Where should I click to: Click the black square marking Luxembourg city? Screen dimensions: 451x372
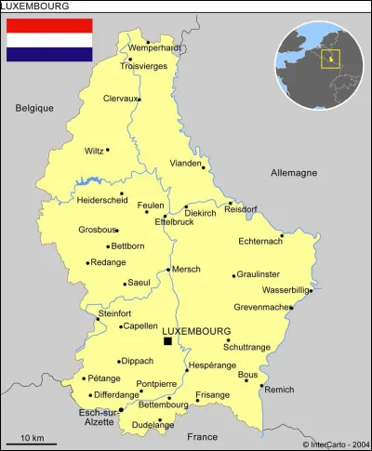[x=167, y=341]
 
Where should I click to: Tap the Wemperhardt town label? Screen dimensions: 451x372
[x=155, y=47]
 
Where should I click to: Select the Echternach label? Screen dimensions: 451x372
[x=259, y=243]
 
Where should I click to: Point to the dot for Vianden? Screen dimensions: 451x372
[x=203, y=168]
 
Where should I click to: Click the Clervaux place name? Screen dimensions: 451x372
[x=120, y=98]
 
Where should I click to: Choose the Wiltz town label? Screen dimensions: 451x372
[x=94, y=151]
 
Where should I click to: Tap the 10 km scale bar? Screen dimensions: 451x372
[x=32, y=442]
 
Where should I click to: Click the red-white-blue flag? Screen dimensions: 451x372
[x=49, y=40]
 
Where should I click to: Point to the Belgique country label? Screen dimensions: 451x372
[x=34, y=108]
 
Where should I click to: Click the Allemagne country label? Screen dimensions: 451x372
[x=294, y=173]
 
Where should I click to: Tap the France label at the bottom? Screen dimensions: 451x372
[x=201, y=436]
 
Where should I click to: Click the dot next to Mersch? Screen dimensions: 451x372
[x=168, y=270]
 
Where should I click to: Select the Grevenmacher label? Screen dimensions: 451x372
[x=261, y=307]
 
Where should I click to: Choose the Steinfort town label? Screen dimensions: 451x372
[x=114, y=313]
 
